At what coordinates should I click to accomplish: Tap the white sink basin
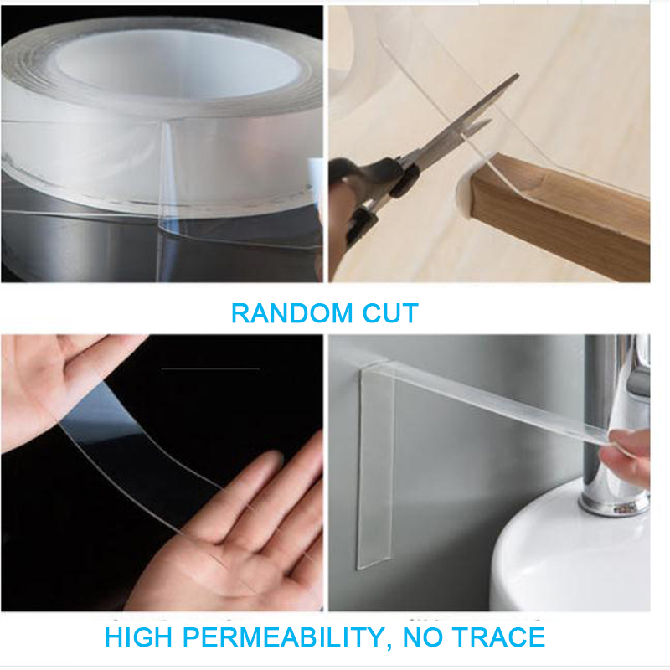click(x=569, y=553)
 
